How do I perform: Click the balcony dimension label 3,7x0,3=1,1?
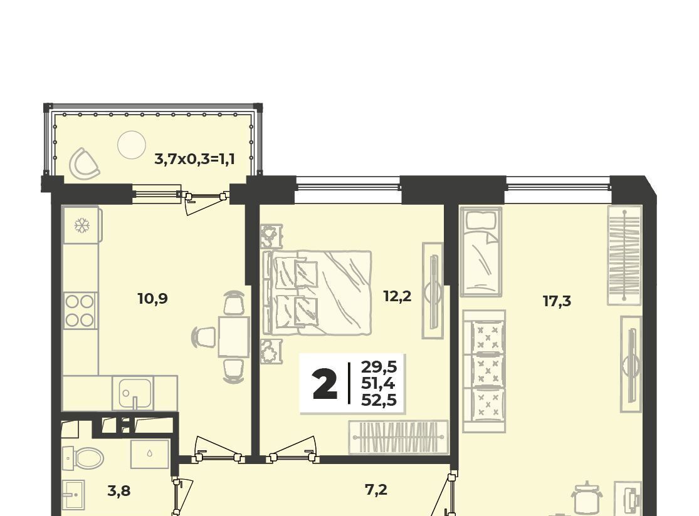[194, 158]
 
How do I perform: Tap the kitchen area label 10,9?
[152, 298]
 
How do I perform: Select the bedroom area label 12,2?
[397, 296]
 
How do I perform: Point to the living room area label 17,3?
[557, 301]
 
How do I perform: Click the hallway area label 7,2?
[376, 490]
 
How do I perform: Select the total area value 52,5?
[379, 400]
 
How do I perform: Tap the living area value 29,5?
[379, 368]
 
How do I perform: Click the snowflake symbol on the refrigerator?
[81, 225]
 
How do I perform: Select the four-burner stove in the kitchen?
[80, 311]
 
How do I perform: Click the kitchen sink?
[135, 393]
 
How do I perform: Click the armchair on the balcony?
[84, 162]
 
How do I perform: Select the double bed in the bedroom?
[317, 293]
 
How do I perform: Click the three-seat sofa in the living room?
[484, 371]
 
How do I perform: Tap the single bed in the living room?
[481, 252]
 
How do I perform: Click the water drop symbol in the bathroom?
[149, 453]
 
